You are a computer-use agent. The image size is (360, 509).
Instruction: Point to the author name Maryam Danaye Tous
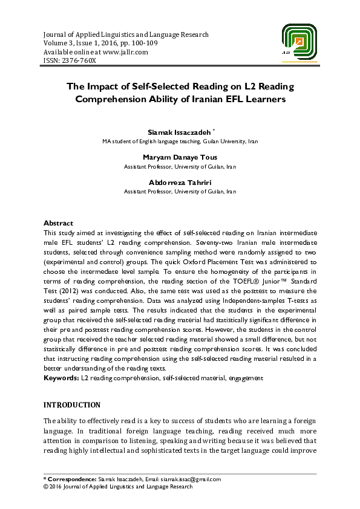coord(180,157)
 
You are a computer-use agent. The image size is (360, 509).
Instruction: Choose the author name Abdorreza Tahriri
coord(180,183)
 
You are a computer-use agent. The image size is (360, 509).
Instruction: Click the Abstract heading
coord(59,223)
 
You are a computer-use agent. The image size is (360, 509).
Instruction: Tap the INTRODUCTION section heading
coord(72,404)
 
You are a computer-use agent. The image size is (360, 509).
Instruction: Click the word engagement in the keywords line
coord(245,378)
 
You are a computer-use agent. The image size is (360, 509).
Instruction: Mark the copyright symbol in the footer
coord(46,486)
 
